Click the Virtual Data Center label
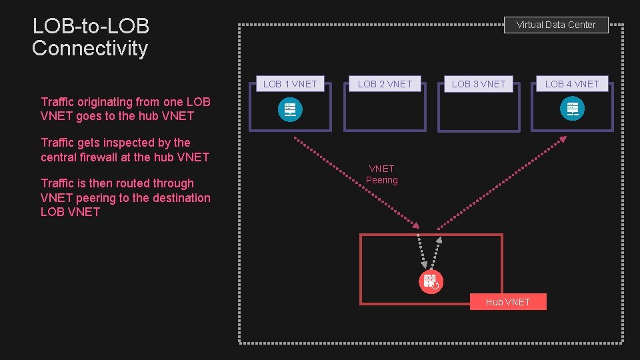point(556,25)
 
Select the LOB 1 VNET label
point(290,84)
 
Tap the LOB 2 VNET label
point(385,84)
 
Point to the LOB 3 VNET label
point(479,84)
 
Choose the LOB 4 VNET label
point(572,84)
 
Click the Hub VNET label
point(508,302)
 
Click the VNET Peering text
point(382,175)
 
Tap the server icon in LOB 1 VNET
point(290,109)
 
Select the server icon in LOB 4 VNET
point(572,109)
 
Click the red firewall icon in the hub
point(431,281)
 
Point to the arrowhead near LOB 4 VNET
point(563,139)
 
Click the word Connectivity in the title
point(90,49)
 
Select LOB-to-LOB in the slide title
point(91,27)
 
